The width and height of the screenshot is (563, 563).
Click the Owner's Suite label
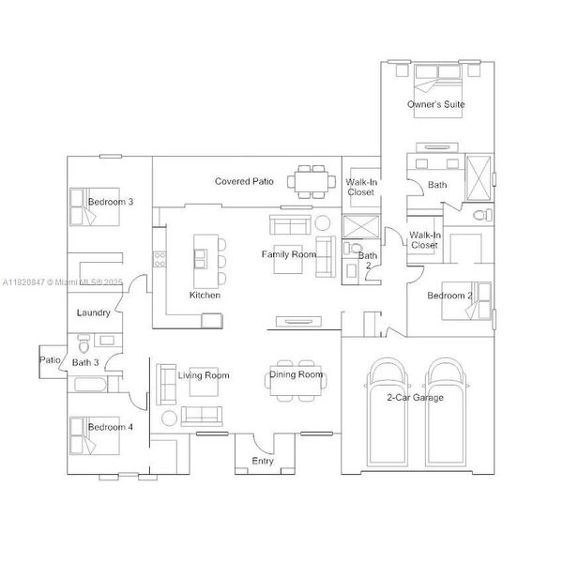(x=435, y=104)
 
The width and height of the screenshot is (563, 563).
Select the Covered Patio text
(x=244, y=181)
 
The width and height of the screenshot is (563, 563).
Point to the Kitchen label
(x=205, y=295)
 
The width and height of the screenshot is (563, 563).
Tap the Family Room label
(x=288, y=254)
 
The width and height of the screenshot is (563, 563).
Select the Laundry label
(x=95, y=312)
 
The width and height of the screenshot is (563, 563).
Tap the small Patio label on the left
(x=49, y=359)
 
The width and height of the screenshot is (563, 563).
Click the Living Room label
(x=204, y=375)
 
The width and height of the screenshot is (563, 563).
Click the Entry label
(x=263, y=461)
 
